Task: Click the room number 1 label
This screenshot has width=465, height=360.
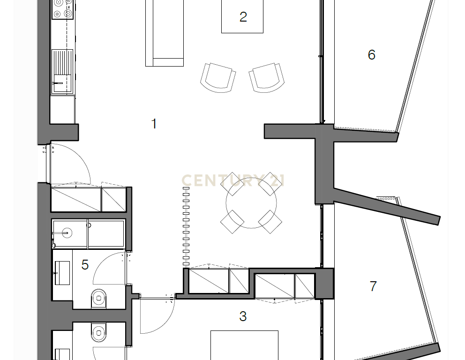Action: (154, 124)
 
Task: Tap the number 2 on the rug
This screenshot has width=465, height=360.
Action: (243, 17)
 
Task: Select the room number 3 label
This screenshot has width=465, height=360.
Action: (243, 316)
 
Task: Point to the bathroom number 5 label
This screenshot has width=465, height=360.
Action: (85, 265)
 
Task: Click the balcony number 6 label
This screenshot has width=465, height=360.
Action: (372, 55)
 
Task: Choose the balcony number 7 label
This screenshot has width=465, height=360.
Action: (374, 286)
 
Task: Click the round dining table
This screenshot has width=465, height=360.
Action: (251, 203)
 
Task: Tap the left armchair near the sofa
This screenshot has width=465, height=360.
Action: (218, 78)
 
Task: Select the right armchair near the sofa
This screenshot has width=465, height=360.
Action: (267, 78)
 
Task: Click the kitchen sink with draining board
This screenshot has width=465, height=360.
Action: (62, 71)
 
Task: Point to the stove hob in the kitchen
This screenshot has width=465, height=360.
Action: (62, 9)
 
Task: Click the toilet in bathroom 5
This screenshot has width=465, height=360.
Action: (99, 298)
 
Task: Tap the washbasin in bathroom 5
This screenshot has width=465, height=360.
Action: (62, 273)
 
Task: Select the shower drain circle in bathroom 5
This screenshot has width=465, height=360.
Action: (67, 233)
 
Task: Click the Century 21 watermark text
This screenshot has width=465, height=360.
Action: (233, 180)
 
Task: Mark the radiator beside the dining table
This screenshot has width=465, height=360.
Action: (186, 226)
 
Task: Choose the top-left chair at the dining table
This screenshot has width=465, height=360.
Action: (232, 184)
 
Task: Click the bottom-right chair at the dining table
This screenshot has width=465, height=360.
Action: (270, 222)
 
